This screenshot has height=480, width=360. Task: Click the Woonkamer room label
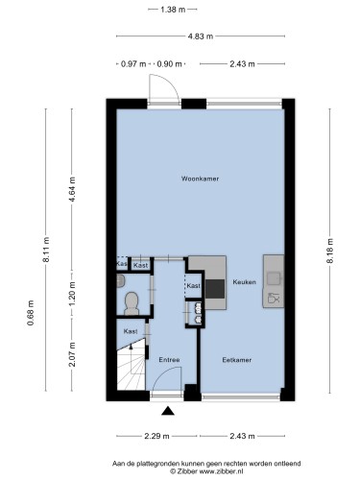pyautogui.click(x=200, y=179)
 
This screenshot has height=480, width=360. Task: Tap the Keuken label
pyautogui.click(x=244, y=282)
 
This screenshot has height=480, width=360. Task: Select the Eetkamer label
pyautogui.click(x=237, y=360)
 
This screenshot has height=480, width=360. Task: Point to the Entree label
pyautogui.click(x=169, y=360)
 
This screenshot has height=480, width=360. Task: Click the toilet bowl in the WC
pyautogui.click(x=132, y=303)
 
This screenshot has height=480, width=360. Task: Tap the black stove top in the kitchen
pyautogui.click(x=215, y=289)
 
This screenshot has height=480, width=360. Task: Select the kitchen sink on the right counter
pyautogui.click(x=274, y=278)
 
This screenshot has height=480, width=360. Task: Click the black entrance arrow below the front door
pyautogui.click(x=168, y=411)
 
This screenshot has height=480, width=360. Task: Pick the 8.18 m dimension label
pyautogui.click(x=330, y=251)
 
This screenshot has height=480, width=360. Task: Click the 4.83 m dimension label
pyautogui.click(x=201, y=36)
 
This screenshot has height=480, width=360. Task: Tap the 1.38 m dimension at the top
pyautogui.click(x=173, y=10)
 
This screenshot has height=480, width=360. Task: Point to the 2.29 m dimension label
pyautogui.click(x=156, y=436)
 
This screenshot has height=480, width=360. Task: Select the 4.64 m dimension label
pyautogui.click(x=72, y=189)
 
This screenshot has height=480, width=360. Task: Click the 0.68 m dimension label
pyautogui.click(x=31, y=313)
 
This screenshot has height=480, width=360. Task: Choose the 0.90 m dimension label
pyautogui.click(x=169, y=64)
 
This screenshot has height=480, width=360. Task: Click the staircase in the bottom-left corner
pyautogui.click(x=132, y=368)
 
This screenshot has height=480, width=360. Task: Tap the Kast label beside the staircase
pyautogui.click(x=131, y=331)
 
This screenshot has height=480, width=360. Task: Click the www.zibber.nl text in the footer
pyautogui.click(x=222, y=471)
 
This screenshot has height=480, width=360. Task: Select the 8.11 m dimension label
pyautogui.click(x=46, y=250)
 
